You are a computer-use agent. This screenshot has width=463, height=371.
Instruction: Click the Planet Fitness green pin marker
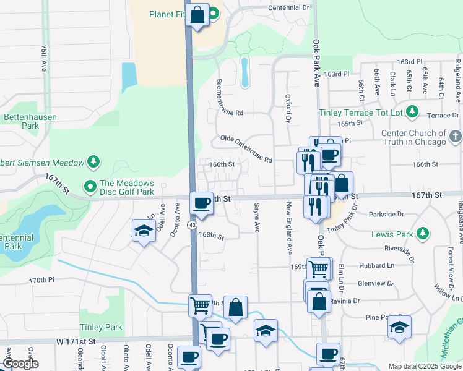(213, 14)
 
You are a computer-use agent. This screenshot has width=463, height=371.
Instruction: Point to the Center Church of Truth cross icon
(455, 136)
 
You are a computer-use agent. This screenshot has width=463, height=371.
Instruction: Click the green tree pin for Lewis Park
(422, 234)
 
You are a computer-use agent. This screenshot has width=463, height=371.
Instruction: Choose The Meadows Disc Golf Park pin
(90, 185)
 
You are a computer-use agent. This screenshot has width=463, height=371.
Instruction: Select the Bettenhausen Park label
(21, 121)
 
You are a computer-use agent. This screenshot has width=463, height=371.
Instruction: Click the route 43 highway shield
(194, 226)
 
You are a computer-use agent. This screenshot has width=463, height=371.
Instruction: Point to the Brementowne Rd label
(238, 113)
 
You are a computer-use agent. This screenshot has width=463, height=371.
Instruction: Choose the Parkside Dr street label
(386, 214)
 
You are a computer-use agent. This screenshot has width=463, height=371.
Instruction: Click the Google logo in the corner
(20, 364)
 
